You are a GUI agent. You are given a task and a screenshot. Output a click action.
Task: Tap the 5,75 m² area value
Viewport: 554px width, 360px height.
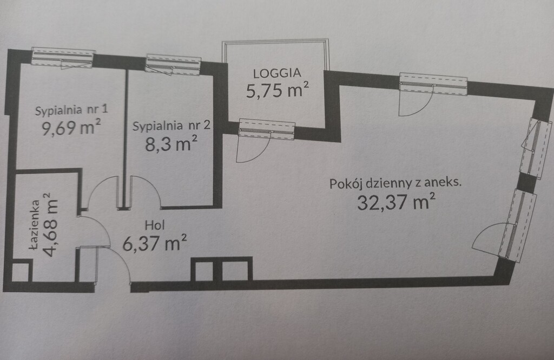tap(278, 90)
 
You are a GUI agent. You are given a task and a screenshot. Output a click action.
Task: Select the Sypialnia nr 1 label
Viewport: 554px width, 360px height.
tap(71, 111)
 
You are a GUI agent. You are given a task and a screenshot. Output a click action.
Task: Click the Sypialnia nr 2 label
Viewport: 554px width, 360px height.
tap(171, 126)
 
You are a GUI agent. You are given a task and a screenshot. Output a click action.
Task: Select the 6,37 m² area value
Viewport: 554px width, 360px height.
tap(155, 244)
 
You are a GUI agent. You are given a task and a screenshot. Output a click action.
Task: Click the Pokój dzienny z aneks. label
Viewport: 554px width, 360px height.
tap(395, 183)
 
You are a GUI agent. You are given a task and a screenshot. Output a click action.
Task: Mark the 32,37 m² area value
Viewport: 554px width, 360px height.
tap(396, 202)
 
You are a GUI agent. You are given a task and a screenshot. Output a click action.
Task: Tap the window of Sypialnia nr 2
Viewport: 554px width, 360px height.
tap(173, 64)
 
